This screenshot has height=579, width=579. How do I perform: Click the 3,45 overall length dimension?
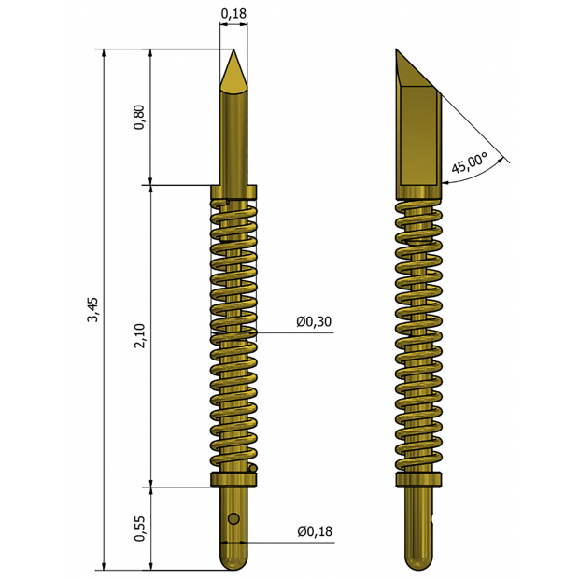click(x=92, y=308)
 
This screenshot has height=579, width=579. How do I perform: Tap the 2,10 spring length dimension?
click(x=140, y=336)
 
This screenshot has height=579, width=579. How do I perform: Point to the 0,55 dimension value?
click(x=140, y=529)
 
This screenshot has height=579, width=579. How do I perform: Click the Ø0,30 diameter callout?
click(x=314, y=321)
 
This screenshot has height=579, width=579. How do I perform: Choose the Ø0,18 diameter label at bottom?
click(x=314, y=531)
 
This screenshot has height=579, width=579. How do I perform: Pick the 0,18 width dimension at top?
click(x=233, y=13)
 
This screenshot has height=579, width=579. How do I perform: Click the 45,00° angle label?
click(x=469, y=164)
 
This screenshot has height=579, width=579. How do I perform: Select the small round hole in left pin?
click(x=233, y=518)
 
